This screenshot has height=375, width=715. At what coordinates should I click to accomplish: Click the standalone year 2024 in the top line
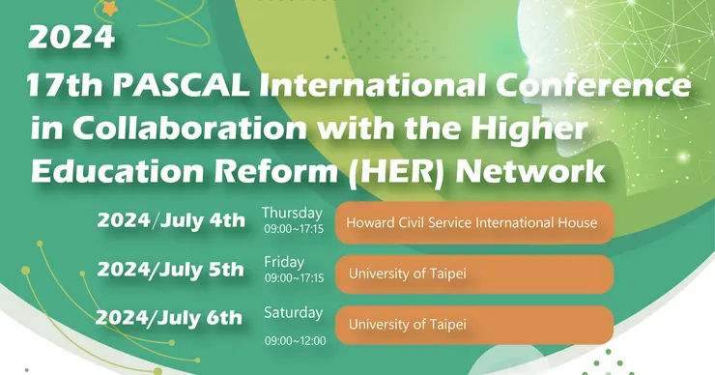click(x=71, y=38)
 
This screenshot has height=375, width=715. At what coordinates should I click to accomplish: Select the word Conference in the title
click(x=593, y=85)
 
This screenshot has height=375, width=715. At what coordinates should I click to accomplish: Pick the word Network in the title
click(x=529, y=171)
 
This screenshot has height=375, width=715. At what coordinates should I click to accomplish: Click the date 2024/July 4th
click(x=171, y=220)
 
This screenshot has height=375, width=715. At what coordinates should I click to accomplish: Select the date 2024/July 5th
click(x=171, y=270)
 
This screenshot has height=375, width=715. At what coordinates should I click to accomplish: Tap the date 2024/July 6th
click(x=169, y=318)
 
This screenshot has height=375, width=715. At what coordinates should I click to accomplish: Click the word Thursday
click(x=292, y=213)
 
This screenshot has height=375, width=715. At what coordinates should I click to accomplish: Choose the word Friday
click(x=284, y=262)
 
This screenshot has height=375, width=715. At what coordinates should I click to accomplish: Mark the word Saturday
click(x=293, y=312)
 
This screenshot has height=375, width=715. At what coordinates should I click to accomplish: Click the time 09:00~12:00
click(x=296, y=341)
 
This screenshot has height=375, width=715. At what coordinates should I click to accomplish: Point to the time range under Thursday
click(x=294, y=228)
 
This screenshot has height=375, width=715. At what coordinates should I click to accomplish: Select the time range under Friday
click(x=294, y=277)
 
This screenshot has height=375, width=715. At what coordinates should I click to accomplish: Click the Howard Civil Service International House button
click(x=474, y=223)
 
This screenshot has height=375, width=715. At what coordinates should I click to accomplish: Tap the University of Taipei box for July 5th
click(x=474, y=274)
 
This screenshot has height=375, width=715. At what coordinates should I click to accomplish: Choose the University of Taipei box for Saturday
click(x=474, y=325)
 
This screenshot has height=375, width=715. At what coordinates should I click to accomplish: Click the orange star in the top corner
click(x=109, y=8)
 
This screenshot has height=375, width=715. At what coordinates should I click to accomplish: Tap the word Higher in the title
click(x=529, y=130)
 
